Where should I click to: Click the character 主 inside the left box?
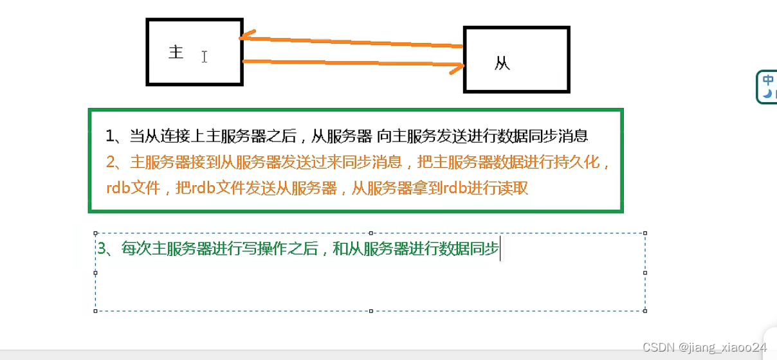tap(176, 52)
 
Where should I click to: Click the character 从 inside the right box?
tap(502, 64)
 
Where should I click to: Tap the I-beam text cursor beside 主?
tap(204, 57)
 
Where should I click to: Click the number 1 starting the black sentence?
tap(110, 136)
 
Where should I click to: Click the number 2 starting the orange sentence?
tap(110, 162)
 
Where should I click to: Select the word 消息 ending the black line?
tap(574, 136)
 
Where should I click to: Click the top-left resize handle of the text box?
tap(96, 233)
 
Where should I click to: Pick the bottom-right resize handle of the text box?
tap(645, 311)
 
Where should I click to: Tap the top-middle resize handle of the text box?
tap(371, 233)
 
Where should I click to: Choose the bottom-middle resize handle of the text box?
tap(371, 311)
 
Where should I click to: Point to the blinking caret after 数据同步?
tap(500, 249)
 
